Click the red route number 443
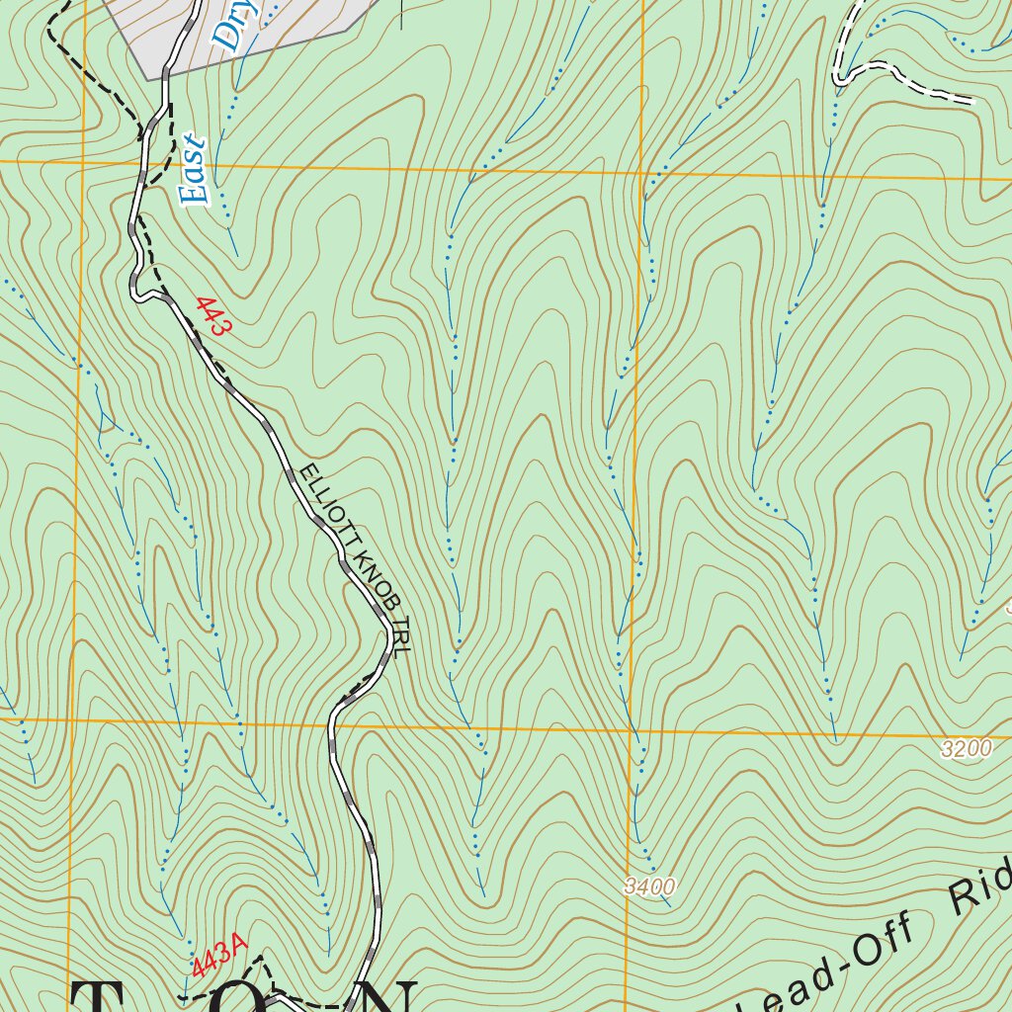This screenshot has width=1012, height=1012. [x=213, y=316]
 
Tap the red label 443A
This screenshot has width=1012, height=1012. [x=218, y=959]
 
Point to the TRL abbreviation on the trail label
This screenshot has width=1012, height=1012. [x=399, y=639]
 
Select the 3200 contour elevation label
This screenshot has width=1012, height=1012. [x=966, y=749]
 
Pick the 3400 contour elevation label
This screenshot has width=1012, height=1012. [x=649, y=886]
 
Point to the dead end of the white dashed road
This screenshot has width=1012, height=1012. [x=973, y=101]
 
